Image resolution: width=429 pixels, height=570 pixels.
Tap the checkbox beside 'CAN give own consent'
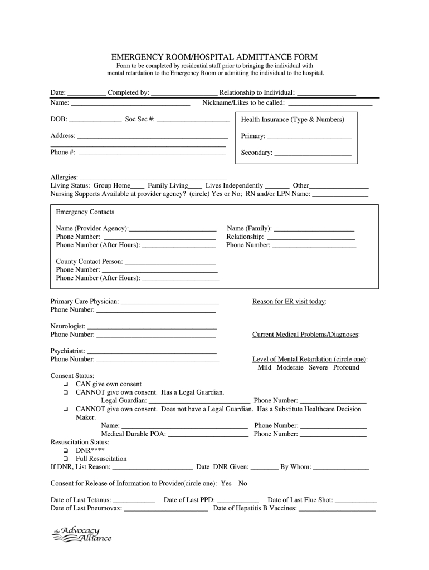[66, 384]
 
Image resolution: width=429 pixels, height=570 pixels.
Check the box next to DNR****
[66, 450]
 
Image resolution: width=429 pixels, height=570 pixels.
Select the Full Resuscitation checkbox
[66, 459]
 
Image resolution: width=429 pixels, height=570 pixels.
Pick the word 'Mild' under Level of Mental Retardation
[265, 367]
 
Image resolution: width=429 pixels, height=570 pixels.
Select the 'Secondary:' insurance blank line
[313, 153]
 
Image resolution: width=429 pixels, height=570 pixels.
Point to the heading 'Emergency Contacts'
[85, 212]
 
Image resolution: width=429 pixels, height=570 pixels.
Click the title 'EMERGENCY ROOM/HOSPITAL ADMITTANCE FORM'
[214, 57]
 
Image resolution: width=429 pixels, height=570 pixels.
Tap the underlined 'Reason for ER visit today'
[289, 302]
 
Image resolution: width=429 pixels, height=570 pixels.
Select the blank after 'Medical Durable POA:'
[208, 434]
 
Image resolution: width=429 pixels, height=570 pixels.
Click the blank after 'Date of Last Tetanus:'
[134, 500]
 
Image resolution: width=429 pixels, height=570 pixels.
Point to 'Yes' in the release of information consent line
[226, 483]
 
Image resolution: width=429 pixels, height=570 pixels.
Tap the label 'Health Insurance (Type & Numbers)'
[292, 120]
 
